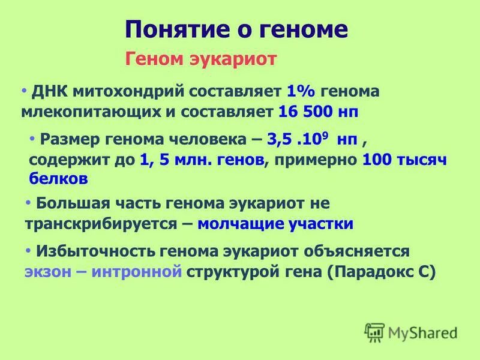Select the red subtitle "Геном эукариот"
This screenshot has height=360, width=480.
coord(200,59)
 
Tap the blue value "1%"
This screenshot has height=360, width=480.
coord(301,92)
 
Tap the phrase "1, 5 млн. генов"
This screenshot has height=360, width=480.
coord(201,159)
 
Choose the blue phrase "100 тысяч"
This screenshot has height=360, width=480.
coord(405,159)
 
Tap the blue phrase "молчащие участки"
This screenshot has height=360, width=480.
coord(275,224)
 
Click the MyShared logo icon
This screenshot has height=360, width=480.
coord(374,331)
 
